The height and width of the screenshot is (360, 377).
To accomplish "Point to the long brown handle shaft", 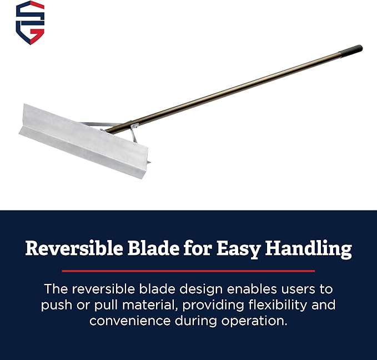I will click(x=233, y=88).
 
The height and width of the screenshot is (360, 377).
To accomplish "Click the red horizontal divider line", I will click(x=188, y=271).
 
